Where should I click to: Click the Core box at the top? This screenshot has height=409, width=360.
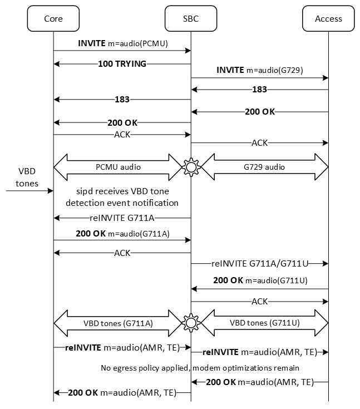[x=53, y=18]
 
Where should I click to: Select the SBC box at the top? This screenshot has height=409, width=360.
[x=191, y=18]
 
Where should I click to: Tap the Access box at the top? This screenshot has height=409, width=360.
[x=328, y=18]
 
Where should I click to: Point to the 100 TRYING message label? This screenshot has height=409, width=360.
[x=122, y=64]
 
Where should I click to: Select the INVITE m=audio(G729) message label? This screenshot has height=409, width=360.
[x=259, y=71]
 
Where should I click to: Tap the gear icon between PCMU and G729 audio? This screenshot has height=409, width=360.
[x=191, y=166]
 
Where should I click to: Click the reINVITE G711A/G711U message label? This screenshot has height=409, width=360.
[x=259, y=263]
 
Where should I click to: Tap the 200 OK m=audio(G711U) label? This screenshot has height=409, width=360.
[x=259, y=281]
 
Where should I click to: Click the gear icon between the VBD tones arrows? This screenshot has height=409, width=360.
[x=191, y=322]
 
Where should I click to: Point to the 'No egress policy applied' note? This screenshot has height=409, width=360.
[x=200, y=368]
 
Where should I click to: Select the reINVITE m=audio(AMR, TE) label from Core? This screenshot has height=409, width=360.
[x=122, y=348]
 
